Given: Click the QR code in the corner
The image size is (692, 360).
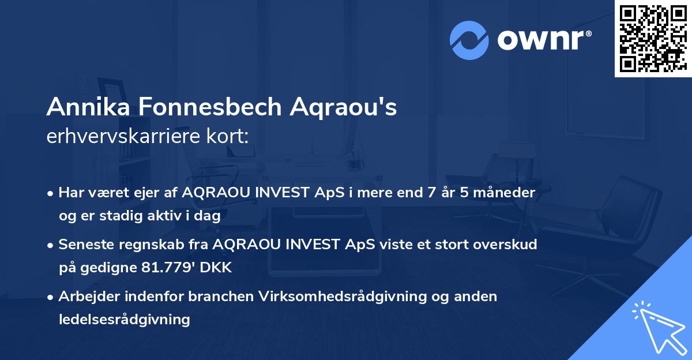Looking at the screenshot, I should (x=653, y=39).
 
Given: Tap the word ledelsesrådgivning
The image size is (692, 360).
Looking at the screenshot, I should (x=124, y=319).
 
